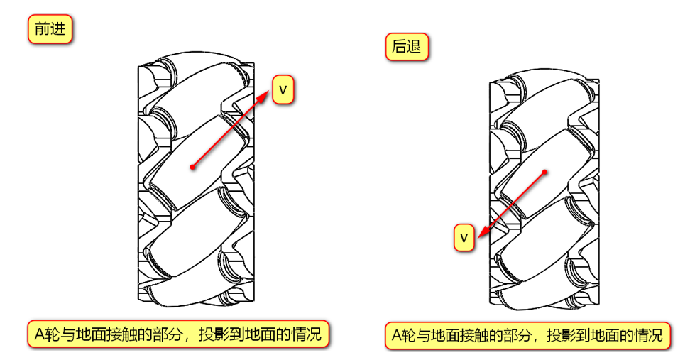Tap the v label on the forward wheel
coord(283,90)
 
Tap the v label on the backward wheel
coord(464,237)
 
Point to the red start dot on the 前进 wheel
coord(192,168)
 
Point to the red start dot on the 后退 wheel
coord(544,172)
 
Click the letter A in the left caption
coord(40,334)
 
